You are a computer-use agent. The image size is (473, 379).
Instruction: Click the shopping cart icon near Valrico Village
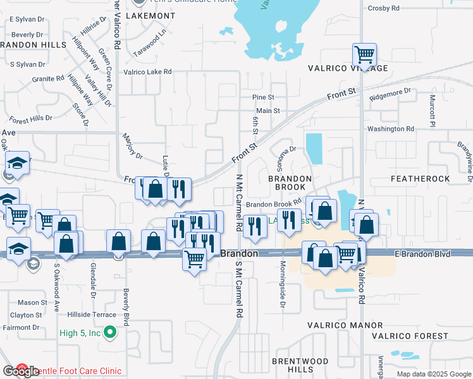click(x=364, y=55)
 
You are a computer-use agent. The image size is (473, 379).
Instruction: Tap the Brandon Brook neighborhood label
click(x=290, y=184)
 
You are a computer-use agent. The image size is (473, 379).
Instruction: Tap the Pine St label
click(x=263, y=97)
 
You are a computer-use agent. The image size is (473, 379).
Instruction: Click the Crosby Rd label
click(x=386, y=8)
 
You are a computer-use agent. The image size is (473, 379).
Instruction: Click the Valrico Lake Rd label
click(x=148, y=72)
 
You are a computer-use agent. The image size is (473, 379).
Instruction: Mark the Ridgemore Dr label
click(x=390, y=94)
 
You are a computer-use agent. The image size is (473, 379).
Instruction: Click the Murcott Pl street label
click(x=433, y=108)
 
